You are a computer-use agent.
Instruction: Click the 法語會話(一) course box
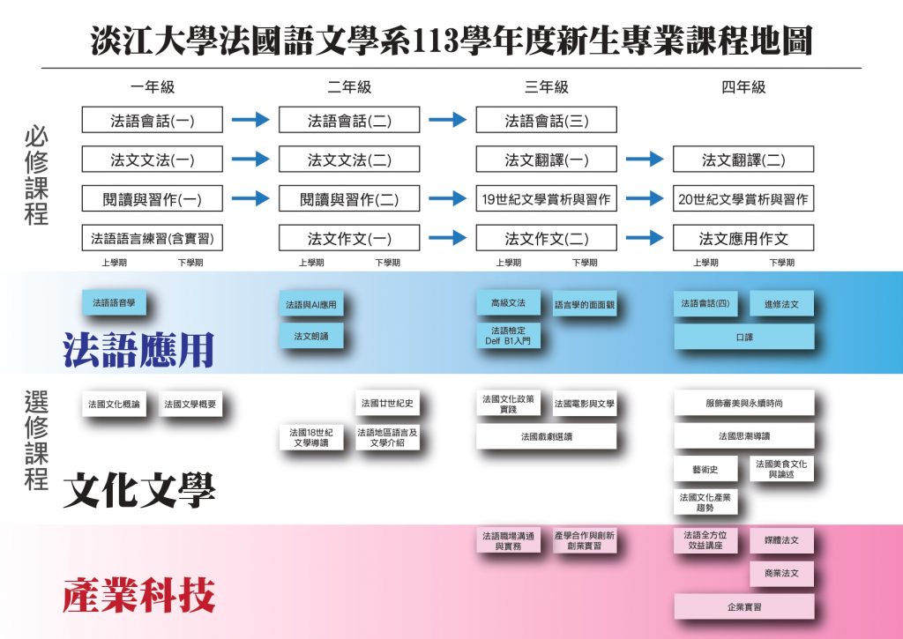coord(152,120)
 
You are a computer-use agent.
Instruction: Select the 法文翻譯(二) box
coord(743,160)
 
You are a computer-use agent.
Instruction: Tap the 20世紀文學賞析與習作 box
coord(743,198)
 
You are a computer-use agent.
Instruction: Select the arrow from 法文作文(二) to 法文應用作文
coord(645,237)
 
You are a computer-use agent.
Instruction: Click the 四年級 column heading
coord(743,87)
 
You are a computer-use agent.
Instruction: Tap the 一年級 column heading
coord(152,87)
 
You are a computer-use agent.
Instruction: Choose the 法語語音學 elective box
coord(113,302)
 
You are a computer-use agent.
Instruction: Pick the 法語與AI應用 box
coord(310,305)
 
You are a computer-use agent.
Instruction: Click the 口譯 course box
coord(743,336)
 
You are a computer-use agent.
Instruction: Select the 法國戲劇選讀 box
coord(546,436)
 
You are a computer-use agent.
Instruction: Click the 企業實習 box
coord(743,606)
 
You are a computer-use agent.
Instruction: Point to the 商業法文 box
coord(781,573)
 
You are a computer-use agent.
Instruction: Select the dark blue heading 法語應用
coord(138,350)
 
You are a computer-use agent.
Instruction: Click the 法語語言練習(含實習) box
coord(152,237)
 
